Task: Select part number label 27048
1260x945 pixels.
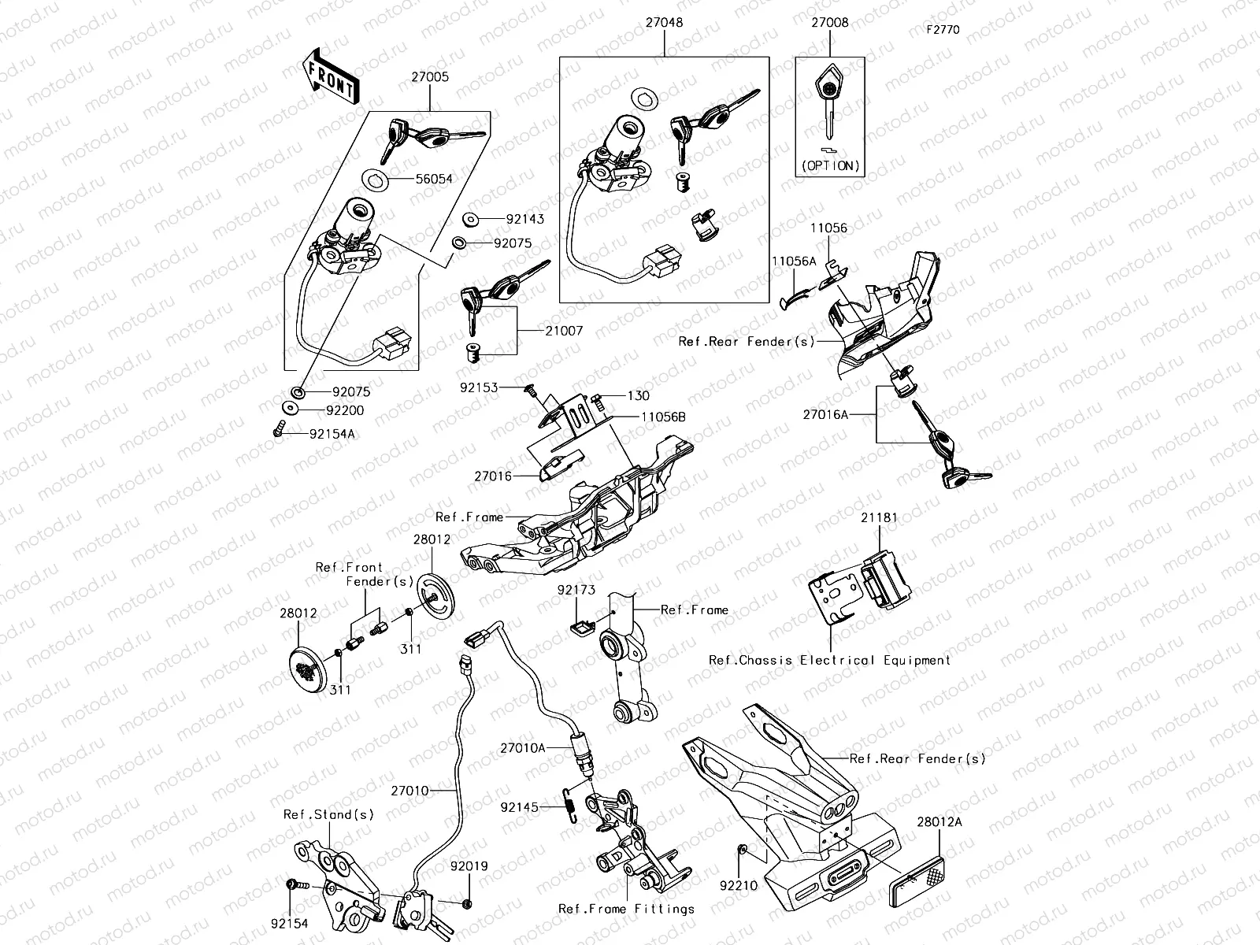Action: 664,23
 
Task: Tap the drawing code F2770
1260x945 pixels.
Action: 943,31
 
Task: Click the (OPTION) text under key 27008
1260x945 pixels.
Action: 831,165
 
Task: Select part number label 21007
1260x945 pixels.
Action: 564,331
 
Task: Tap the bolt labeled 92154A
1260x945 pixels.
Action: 279,431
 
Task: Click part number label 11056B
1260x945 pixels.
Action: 662,417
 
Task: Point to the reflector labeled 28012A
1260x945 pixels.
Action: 917,883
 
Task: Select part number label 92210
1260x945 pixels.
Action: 738,885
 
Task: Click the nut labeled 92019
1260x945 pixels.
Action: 466,902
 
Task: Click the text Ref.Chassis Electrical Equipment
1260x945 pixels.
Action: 829,660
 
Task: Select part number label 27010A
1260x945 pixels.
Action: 522,748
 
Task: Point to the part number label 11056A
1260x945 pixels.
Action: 794,261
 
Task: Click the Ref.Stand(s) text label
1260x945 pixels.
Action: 328,814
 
